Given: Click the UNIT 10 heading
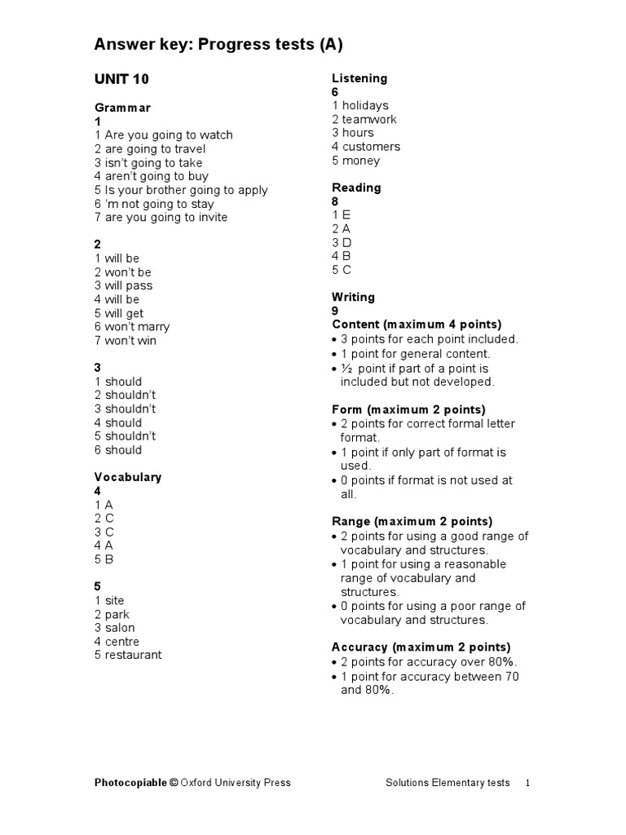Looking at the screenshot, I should click(122, 79).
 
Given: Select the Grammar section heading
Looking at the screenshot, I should click(122, 108).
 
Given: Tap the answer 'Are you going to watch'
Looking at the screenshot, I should click(169, 135).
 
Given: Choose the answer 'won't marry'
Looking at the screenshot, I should click(137, 327).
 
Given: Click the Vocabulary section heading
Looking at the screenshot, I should click(128, 477).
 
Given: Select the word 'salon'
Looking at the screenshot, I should click(120, 628).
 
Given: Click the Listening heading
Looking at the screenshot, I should click(359, 78).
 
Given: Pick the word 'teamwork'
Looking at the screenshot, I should click(369, 119).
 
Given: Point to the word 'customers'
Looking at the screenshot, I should click(371, 147).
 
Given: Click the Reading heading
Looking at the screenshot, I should click(356, 188).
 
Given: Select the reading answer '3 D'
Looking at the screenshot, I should click(342, 242).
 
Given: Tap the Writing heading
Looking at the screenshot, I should click(353, 297).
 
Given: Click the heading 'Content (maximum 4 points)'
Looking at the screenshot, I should click(417, 325).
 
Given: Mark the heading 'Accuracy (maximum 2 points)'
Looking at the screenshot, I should click(421, 647).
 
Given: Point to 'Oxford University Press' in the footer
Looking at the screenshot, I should click(236, 783).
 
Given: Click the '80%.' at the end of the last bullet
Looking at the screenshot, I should click(379, 690).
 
